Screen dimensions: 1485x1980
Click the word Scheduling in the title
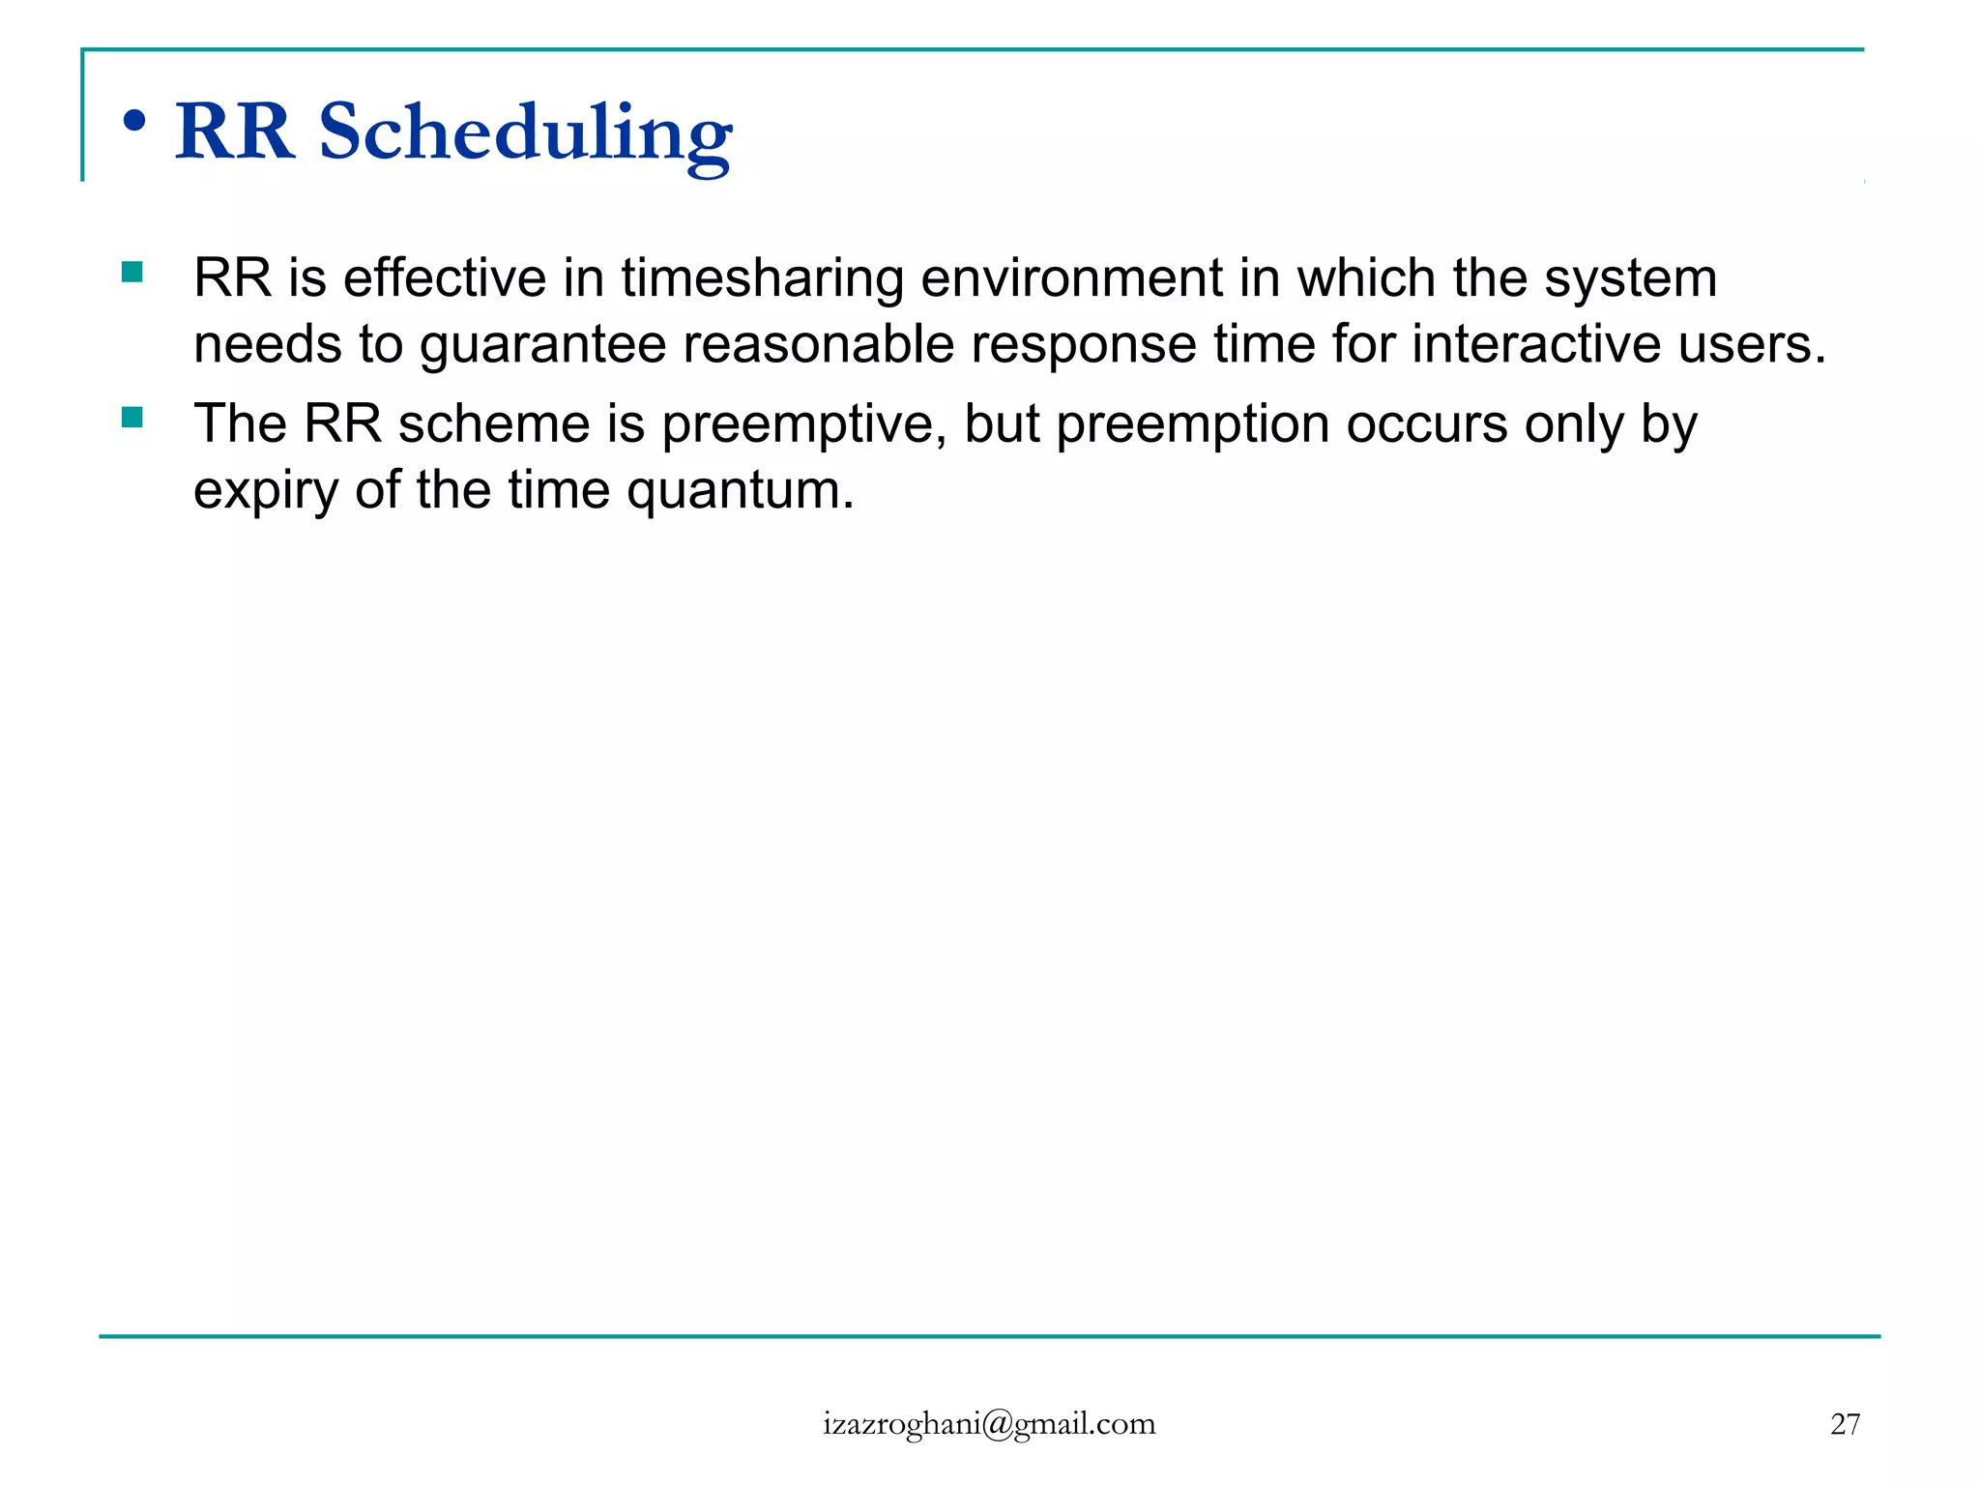pos(525,133)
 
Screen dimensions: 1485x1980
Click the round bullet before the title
pos(134,122)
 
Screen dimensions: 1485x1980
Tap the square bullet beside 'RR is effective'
pos(132,273)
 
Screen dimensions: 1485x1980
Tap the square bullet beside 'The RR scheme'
pos(132,419)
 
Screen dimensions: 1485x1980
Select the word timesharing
pos(762,278)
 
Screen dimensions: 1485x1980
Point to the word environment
pos(1071,278)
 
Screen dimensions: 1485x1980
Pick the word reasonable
pos(818,345)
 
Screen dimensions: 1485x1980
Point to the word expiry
pos(265,491)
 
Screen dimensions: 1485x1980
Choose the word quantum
pos(740,491)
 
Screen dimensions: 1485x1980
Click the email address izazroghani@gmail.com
pos(989,1424)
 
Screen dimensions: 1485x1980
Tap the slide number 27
pos(1845,1424)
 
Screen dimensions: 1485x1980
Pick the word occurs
pos(1426,425)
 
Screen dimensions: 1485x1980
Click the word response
pos(1084,345)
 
